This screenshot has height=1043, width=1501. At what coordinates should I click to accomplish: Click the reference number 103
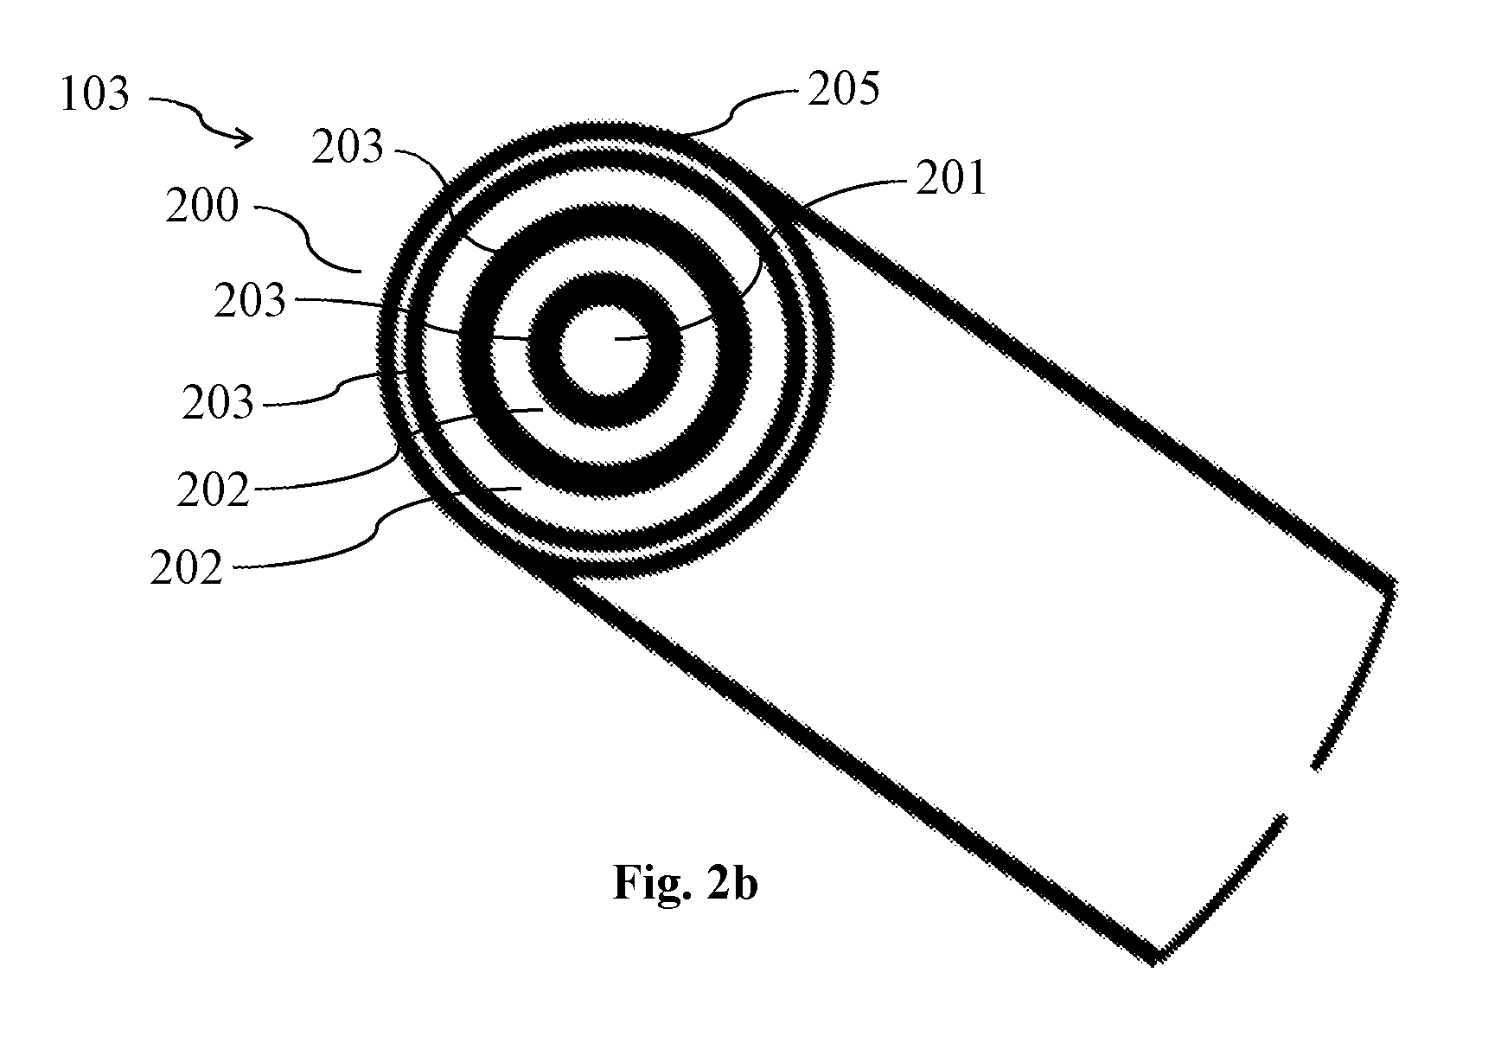(94, 93)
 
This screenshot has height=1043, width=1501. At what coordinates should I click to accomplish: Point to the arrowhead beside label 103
(245, 137)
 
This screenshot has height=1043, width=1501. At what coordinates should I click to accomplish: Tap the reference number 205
(843, 89)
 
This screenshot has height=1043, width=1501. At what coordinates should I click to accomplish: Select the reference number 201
(950, 180)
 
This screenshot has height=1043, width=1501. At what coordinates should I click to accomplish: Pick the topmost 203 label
(347, 147)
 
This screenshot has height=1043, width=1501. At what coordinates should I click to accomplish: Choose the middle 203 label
(250, 301)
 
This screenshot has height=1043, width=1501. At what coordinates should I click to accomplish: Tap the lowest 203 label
(218, 403)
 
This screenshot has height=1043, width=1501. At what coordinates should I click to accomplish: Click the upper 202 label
(213, 491)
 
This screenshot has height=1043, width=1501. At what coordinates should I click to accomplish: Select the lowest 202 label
(186, 568)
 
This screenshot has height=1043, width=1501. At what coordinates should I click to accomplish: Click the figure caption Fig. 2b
(685, 883)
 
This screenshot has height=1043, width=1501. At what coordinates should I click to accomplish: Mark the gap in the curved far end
(1300, 790)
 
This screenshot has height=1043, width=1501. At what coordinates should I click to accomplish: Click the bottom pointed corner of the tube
(1154, 959)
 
